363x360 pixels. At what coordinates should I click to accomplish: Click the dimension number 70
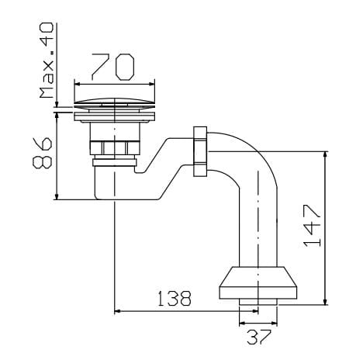pyautogui.click(x=112, y=67)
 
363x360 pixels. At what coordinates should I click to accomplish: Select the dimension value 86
pyautogui.click(x=42, y=153)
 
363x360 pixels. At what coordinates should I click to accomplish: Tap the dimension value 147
pyautogui.click(x=312, y=225)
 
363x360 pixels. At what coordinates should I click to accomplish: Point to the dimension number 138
pyautogui.click(x=175, y=298)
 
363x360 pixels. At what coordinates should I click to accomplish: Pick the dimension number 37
pyautogui.click(x=259, y=337)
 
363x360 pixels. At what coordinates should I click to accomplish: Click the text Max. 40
pyautogui.click(x=47, y=61)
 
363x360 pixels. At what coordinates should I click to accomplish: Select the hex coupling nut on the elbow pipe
pyautogui.click(x=200, y=151)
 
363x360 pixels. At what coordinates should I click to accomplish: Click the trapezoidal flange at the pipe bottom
pyautogui.click(x=258, y=283)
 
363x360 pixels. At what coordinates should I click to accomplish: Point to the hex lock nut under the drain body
pyautogui.click(x=115, y=148)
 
